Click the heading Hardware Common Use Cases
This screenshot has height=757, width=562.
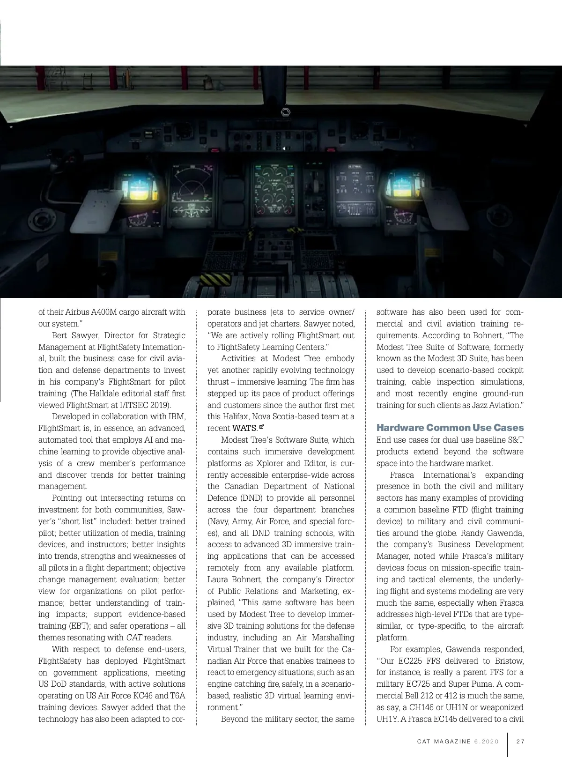[450, 428]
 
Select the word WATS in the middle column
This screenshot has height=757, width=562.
[244, 428]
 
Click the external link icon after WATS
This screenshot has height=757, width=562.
[261, 427]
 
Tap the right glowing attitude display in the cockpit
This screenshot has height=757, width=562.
[401, 186]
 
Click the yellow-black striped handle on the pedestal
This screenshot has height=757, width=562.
[213, 280]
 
